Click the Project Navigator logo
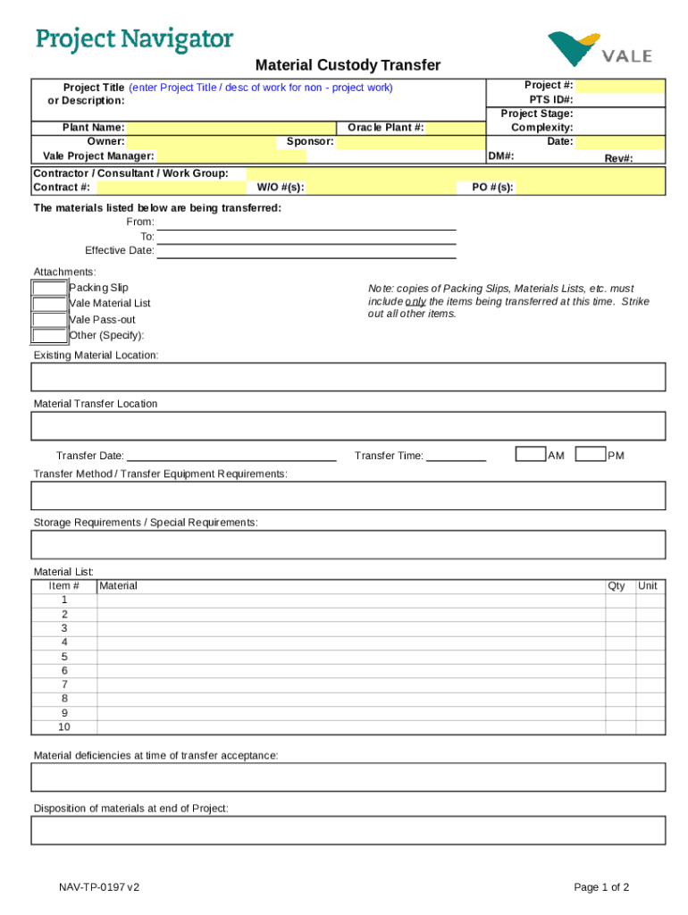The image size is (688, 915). click(x=134, y=40)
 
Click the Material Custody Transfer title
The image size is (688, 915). click(x=348, y=65)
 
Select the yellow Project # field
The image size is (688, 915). click(x=619, y=86)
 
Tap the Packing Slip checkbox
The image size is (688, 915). click(x=49, y=288)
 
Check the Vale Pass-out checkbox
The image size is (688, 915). click(x=49, y=320)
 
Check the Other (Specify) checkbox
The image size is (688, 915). click(x=49, y=336)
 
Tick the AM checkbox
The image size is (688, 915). click(x=531, y=455)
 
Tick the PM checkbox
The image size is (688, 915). click(x=591, y=455)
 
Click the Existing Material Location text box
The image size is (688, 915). click(x=348, y=377)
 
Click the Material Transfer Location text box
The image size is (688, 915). click(x=348, y=426)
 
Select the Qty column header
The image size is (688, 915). click(x=617, y=586)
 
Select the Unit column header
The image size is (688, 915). click(x=648, y=586)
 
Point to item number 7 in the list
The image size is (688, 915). click(x=64, y=684)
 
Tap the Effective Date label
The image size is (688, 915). click(x=120, y=251)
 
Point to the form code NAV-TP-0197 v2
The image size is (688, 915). click(x=99, y=887)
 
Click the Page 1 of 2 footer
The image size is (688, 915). click(x=602, y=887)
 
